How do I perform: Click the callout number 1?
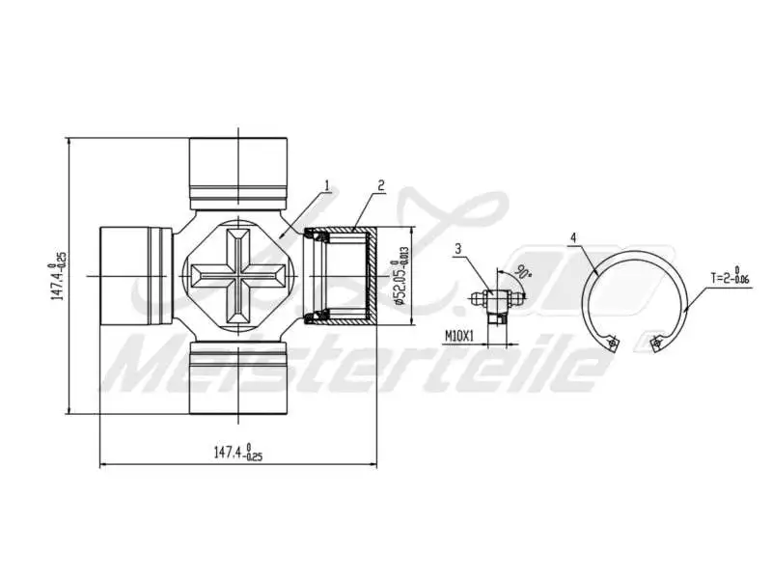coord(328,184)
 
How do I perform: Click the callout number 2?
coord(382,184)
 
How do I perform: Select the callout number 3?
coord(458,248)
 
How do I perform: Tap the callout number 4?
coord(573,236)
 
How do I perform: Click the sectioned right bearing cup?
coord(343,276)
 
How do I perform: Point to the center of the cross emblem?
coord(237,276)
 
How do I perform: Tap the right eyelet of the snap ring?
coord(657,341)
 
